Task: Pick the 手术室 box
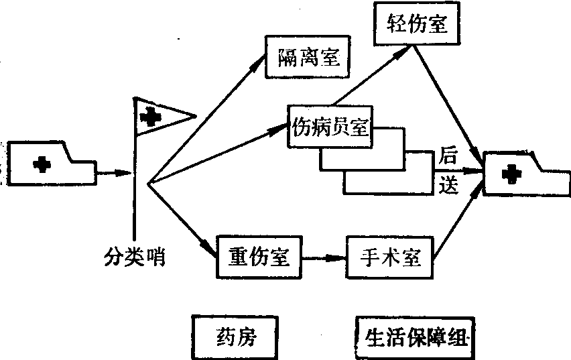click(389, 257)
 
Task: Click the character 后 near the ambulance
click(448, 159)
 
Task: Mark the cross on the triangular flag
click(152, 117)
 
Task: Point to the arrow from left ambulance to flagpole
click(114, 173)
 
